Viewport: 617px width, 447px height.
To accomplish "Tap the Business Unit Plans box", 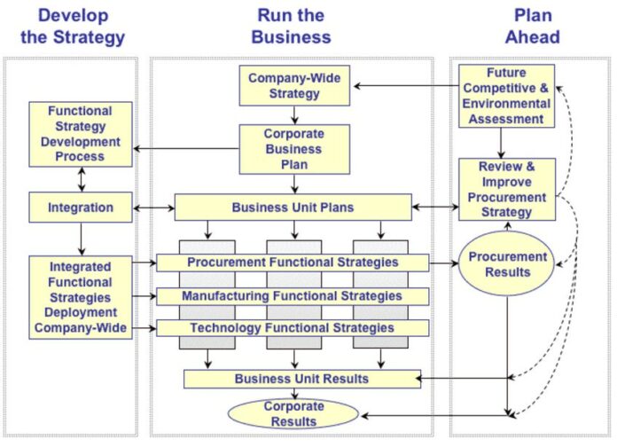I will point(293,208).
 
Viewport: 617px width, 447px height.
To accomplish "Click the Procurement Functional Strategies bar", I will point(293,263).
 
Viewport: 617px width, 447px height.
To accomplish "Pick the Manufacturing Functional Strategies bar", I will point(293,295).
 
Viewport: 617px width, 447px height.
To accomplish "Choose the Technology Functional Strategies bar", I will point(293,328).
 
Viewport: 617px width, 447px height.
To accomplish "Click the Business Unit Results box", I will point(301,379).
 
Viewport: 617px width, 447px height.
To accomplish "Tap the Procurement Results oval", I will point(507,263).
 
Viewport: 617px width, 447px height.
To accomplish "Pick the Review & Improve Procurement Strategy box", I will point(505,189).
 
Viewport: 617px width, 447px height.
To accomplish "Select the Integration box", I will point(81,208).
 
